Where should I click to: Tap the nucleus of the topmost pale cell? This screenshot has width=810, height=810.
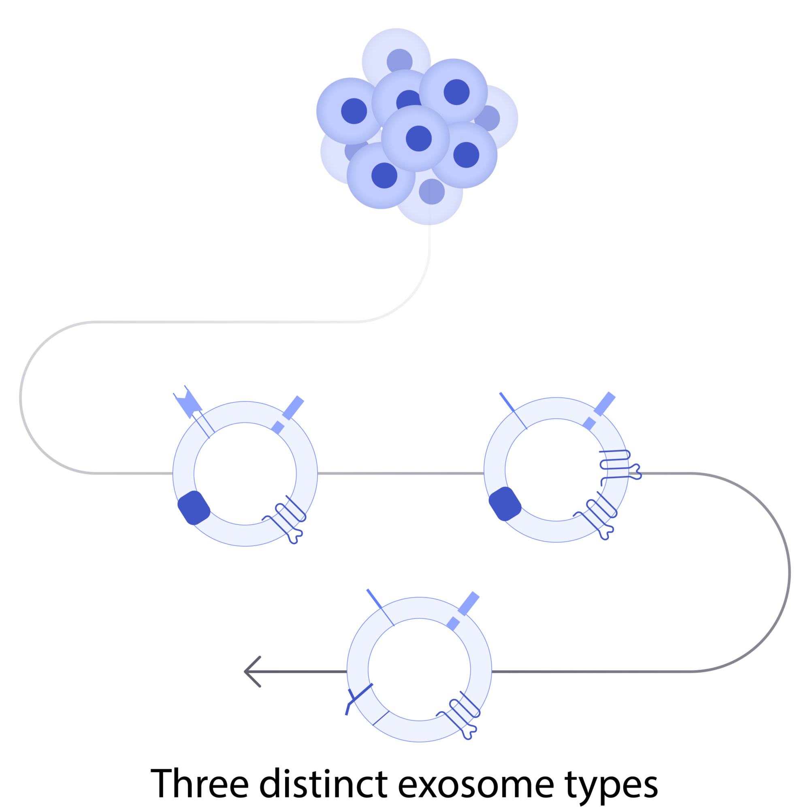pos(399,62)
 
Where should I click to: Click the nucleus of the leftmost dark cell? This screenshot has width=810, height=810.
pos(354,111)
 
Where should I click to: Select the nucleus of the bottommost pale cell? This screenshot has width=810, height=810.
pos(431,192)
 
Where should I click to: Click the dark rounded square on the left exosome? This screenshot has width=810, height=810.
pos(194,508)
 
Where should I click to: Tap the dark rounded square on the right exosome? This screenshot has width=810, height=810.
pos(505,504)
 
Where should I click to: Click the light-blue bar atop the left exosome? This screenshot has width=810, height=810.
pos(293,407)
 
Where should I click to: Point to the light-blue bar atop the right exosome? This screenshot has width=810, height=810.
pos(604,404)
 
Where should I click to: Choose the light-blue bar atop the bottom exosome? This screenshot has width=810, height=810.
pos(468,604)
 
